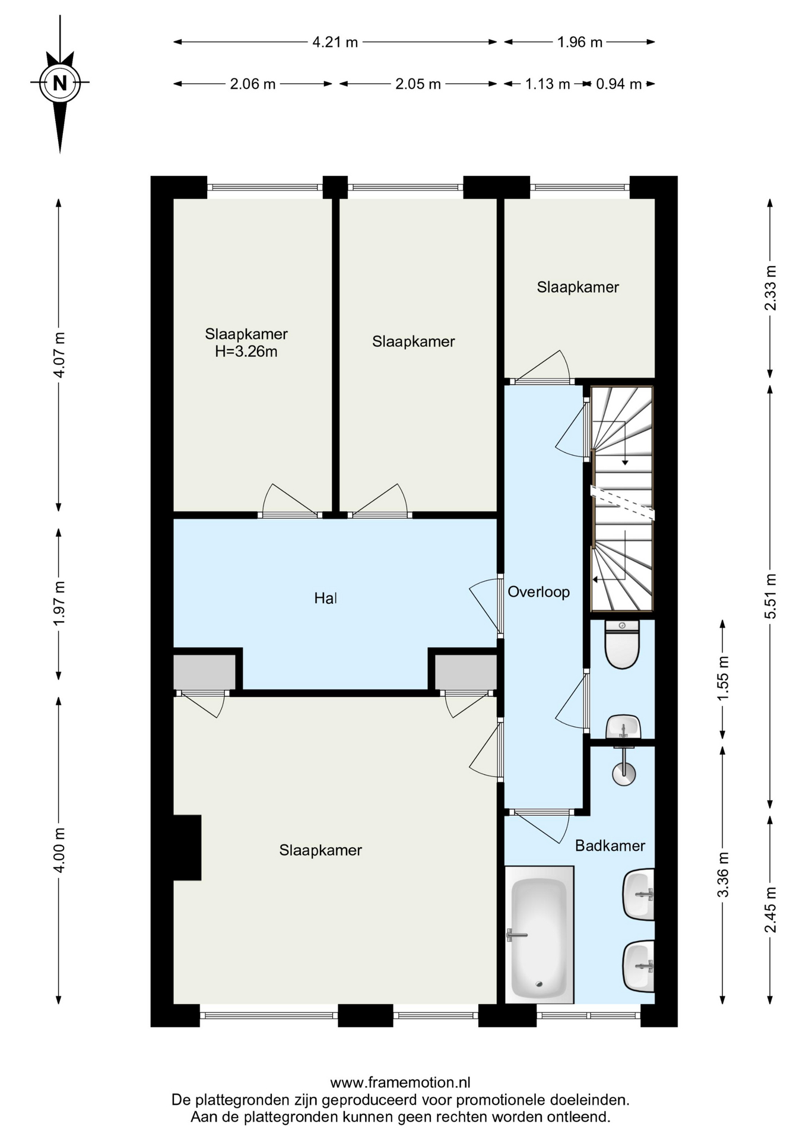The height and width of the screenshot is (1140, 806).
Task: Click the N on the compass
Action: click(59, 83)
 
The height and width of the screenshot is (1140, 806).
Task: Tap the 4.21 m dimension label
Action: click(335, 42)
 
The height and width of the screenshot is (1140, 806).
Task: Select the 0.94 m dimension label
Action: click(618, 84)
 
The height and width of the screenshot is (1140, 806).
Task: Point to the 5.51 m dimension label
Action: click(770, 596)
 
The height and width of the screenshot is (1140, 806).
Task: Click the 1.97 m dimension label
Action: click(59, 603)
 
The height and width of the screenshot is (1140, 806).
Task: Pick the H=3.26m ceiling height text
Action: click(246, 351)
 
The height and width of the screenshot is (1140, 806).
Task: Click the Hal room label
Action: click(325, 598)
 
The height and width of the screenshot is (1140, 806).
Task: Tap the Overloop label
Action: click(539, 592)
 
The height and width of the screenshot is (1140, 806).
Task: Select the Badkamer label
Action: click(610, 845)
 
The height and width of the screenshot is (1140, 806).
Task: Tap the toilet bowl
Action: click(622, 645)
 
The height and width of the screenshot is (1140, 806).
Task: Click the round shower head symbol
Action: click(623, 773)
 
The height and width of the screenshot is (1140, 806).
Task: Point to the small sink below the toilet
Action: click(623, 727)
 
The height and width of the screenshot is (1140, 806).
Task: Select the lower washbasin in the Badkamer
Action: click(639, 967)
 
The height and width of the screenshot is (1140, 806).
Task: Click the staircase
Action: click(622, 499)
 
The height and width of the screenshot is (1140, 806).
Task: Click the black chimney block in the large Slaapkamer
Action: click(188, 847)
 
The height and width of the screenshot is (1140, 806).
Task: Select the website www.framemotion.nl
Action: click(401, 1082)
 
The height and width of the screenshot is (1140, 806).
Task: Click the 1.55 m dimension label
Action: click(723, 679)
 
